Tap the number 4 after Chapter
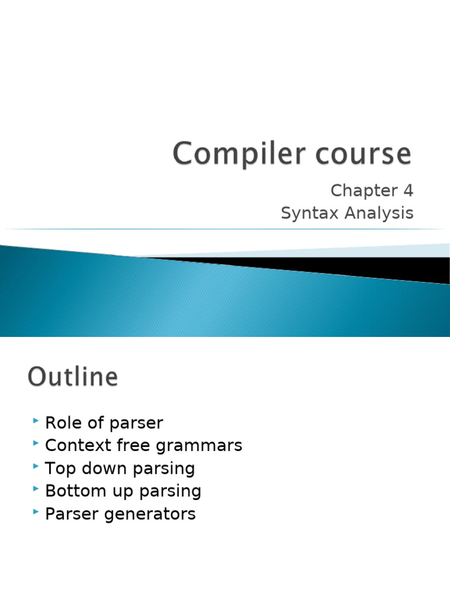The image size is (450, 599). (x=408, y=191)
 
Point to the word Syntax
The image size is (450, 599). (x=310, y=214)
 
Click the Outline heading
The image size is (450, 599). (x=73, y=377)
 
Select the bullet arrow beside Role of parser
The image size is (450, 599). (x=36, y=421)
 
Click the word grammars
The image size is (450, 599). (x=199, y=446)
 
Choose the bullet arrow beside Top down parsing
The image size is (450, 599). (x=36, y=467)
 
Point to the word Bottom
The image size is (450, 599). (x=74, y=491)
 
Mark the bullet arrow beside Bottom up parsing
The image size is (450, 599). (x=36, y=490)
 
